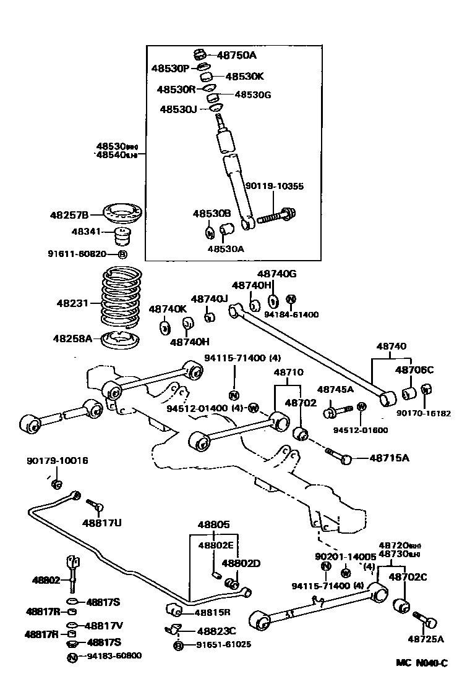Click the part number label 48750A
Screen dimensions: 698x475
pyautogui.click(x=236, y=55)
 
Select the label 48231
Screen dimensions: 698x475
pyautogui.click(x=73, y=303)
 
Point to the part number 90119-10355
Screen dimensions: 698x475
pyautogui.click(x=275, y=185)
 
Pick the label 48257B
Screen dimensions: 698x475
pyautogui.click(x=69, y=215)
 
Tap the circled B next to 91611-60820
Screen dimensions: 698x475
pyautogui.click(x=122, y=254)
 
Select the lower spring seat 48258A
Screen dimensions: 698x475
pyautogui.click(x=121, y=341)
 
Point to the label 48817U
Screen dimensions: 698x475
pyautogui.click(x=102, y=523)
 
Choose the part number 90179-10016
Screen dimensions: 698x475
pyautogui.click(x=57, y=460)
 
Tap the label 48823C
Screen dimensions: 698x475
pyautogui.click(x=216, y=631)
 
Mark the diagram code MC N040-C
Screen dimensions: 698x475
pyautogui.click(x=422, y=663)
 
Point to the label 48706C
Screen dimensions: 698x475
pyautogui.click(x=414, y=370)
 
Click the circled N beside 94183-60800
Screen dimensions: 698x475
pyautogui.click(x=72, y=656)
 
